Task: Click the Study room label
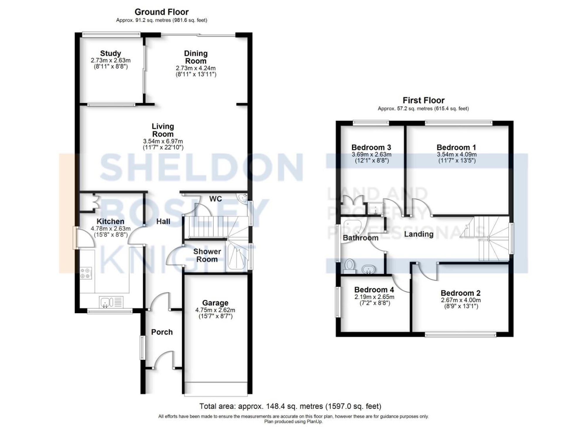(x=110, y=53)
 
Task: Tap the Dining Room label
(x=196, y=57)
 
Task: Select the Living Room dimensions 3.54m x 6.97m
(x=163, y=141)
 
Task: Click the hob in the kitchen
(x=86, y=273)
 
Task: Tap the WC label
(x=215, y=199)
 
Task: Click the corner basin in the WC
(x=243, y=198)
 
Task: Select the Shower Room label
(x=207, y=255)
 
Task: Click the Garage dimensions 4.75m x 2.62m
(x=215, y=310)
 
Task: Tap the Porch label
(x=162, y=332)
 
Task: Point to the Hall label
(x=163, y=221)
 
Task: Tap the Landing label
(x=419, y=234)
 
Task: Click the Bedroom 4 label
(x=374, y=290)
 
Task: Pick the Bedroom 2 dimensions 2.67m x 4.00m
(x=461, y=300)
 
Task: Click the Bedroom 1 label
(x=456, y=147)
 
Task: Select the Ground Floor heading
(x=161, y=12)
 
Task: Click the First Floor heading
(x=423, y=100)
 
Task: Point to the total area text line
(x=290, y=406)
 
